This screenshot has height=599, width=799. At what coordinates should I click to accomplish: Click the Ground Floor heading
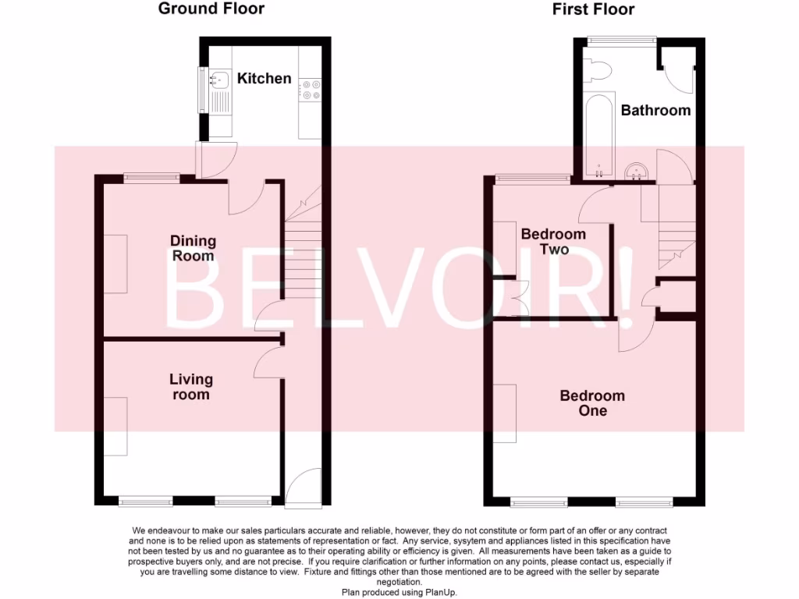(211, 9)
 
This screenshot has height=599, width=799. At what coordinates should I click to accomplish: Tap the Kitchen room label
(264, 79)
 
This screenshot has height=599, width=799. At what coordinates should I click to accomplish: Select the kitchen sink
(219, 79)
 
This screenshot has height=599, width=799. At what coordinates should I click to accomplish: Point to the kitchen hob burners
(311, 91)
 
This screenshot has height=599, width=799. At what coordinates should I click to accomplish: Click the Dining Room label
(193, 248)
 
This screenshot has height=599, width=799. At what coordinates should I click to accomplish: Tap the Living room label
(191, 387)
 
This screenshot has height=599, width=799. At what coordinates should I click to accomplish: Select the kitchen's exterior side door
(213, 160)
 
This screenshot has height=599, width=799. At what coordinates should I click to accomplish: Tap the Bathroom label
(655, 111)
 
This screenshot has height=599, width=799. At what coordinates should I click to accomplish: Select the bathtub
(598, 136)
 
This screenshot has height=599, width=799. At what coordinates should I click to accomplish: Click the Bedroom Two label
(553, 242)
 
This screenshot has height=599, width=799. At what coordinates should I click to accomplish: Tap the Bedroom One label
(592, 403)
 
